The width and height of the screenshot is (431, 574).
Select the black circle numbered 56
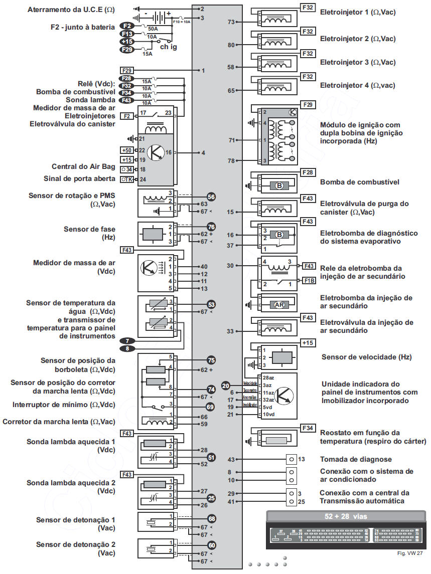211,197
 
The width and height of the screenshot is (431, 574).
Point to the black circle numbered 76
211,227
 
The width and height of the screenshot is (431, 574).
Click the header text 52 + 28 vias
346,516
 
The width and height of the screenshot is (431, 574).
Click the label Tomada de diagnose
356,459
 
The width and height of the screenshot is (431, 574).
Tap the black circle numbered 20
226,385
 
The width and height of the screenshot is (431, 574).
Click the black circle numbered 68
211,518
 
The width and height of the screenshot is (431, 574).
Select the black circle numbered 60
211,545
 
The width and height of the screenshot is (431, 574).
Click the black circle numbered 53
211,304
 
